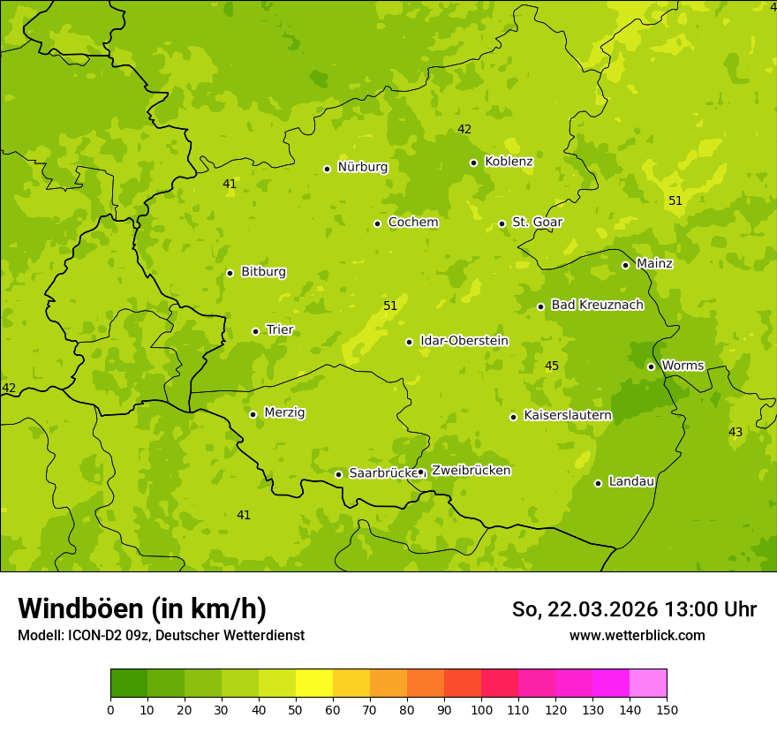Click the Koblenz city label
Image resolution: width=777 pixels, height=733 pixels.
(x=509, y=162)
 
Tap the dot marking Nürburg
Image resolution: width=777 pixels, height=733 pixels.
(x=327, y=169)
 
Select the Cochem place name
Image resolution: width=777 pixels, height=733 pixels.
(x=412, y=223)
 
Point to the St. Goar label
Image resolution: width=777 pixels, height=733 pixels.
(x=537, y=223)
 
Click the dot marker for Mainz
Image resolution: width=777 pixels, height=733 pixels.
(x=625, y=265)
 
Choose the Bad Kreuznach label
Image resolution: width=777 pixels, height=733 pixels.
(x=597, y=306)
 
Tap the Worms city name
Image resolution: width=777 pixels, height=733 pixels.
(x=682, y=366)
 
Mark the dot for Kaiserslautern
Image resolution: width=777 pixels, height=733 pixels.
(x=513, y=417)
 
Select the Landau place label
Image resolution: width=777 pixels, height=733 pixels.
(x=631, y=482)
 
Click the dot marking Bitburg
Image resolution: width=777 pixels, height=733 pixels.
(x=230, y=273)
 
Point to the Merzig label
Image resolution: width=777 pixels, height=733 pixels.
(x=284, y=413)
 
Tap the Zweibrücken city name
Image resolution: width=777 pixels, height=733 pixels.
(x=471, y=471)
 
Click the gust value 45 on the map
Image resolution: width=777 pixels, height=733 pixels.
(x=552, y=366)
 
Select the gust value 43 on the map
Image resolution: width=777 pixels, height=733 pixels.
(x=736, y=432)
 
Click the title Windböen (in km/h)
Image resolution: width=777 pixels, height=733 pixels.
(x=142, y=608)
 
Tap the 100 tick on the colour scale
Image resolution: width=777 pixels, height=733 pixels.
(x=481, y=709)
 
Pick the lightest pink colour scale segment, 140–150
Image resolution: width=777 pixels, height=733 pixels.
(x=648, y=684)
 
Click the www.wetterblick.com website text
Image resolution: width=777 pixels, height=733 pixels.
(x=637, y=636)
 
